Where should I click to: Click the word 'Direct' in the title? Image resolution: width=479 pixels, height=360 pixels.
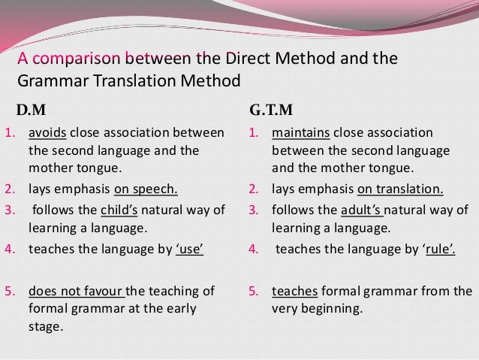[x=213, y=59]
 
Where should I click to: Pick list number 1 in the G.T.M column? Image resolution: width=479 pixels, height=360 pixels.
[x=253, y=134]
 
